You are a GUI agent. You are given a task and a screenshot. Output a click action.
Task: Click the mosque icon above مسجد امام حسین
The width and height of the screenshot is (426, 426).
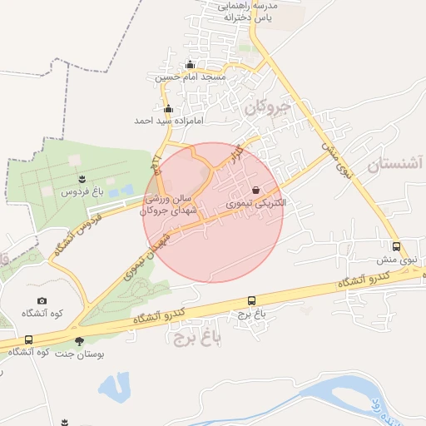click(x=190, y=65)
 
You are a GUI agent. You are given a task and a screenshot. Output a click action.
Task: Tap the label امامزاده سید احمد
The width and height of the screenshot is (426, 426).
click(x=166, y=121)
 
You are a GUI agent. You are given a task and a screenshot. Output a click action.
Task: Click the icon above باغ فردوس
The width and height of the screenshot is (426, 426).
click(x=82, y=178)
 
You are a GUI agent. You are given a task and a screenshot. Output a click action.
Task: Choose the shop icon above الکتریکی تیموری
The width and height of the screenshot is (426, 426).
click(x=267, y=190)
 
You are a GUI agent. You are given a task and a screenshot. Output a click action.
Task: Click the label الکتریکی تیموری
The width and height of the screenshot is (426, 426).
click(x=256, y=203)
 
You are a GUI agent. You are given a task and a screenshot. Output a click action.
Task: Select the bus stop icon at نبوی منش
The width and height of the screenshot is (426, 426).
click(x=396, y=246)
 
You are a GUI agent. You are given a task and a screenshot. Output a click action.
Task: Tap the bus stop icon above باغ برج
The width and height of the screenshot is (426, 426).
click(x=251, y=300)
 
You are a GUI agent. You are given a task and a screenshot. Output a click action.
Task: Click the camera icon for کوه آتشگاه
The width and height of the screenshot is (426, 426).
click(x=42, y=300)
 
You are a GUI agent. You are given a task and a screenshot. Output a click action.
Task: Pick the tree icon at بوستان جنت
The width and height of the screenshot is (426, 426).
click(x=80, y=340)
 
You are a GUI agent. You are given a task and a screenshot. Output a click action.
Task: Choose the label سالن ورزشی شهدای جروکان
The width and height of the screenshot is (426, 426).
click(x=171, y=205)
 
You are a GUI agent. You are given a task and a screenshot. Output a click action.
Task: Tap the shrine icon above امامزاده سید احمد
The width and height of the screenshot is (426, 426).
click(x=168, y=108)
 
